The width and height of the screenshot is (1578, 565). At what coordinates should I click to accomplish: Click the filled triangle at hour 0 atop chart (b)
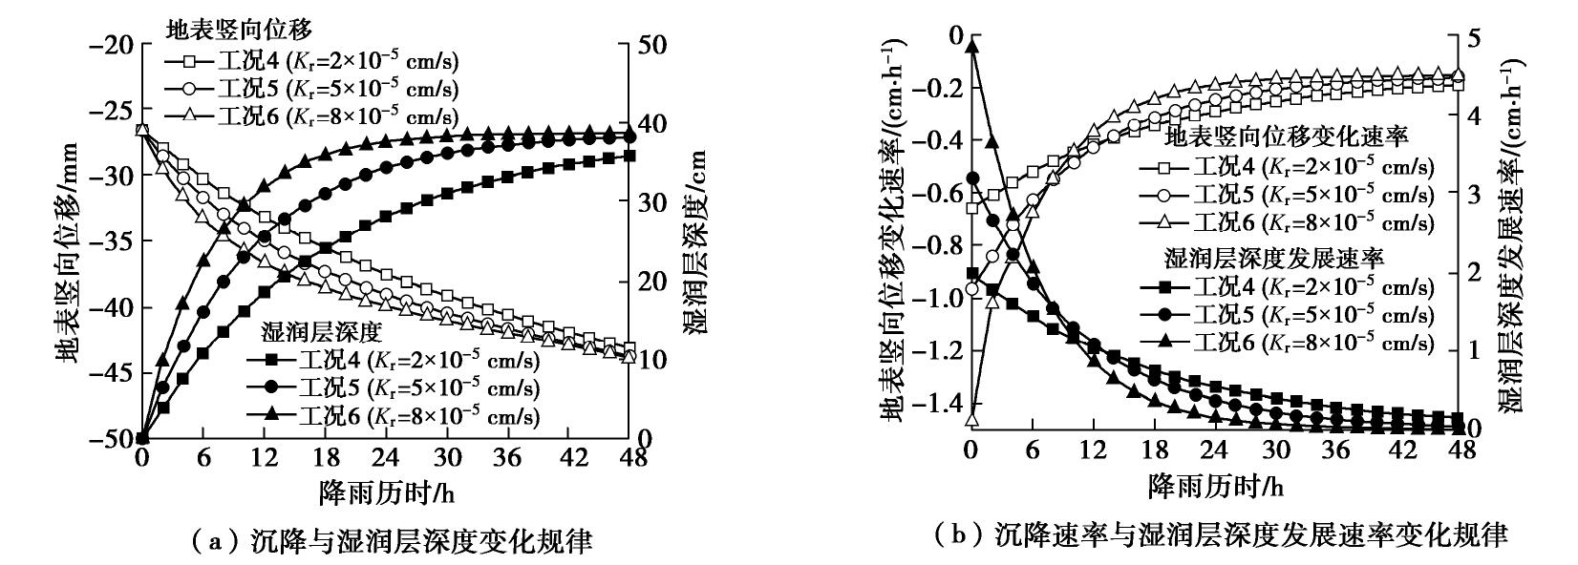click(x=972, y=46)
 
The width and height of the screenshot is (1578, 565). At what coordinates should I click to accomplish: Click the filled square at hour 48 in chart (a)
click(x=628, y=156)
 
